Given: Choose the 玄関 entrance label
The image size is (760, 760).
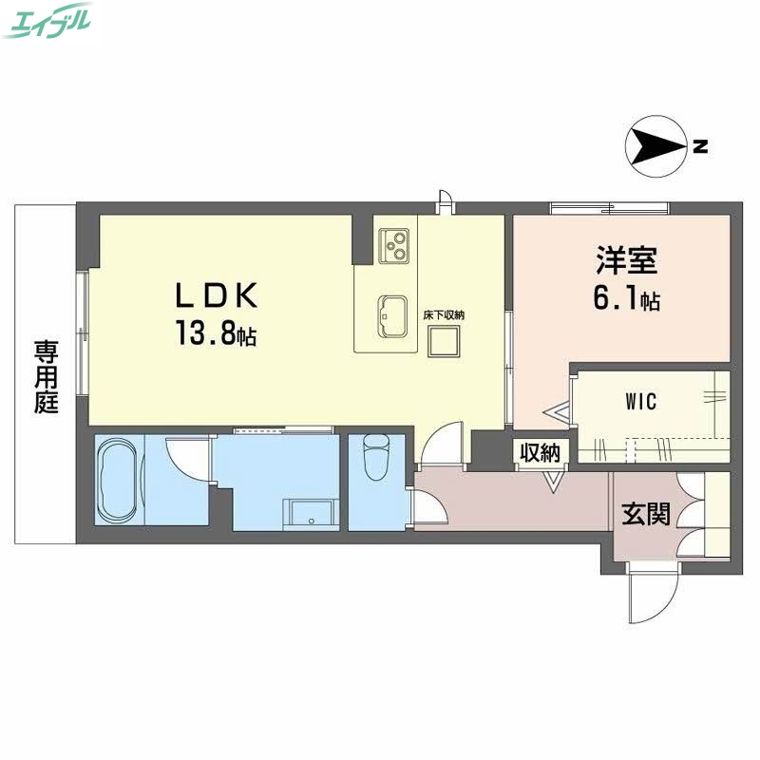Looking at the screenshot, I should (x=647, y=514).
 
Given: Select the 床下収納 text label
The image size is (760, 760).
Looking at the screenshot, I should (x=444, y=314).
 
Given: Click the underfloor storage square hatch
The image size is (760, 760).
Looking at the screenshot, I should (x=444, y=340).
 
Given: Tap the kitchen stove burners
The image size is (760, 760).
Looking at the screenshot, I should (x=394, y=244).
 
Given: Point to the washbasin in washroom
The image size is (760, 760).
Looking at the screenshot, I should (x=311, y=514).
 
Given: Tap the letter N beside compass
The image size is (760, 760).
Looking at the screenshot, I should (x=700, y=146).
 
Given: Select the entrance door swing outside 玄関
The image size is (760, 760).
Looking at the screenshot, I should (x=652, y=594).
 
